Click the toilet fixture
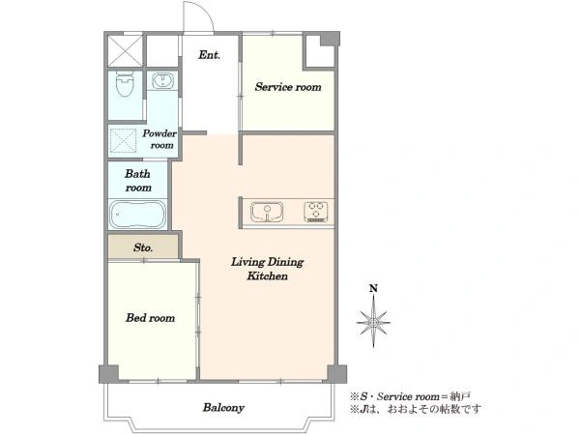click(x=125, y=83)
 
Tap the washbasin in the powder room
click(x=162, y=80)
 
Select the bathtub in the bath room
click(x=137, y=215)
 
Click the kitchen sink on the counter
click(x=267, y=212)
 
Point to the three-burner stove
click(x=315, y=212)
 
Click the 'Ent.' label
click(x=209, y=55)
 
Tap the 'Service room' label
click(x=288, y=87)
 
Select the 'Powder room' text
click(x=159, y=139)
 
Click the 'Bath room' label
click(x=137, y=181)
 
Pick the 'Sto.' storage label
click(x=143, y=247)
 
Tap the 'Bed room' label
click(x=150, y=318)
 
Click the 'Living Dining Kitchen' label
click(x=267, y=269)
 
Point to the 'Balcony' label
click(x=223, y=408)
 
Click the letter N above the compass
click(x=373, y=288)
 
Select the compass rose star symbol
click(x=373, y=323)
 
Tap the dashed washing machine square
click(x=123, y=140)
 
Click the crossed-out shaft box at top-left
click(x=125, y=51)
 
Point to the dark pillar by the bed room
click(x=108, y=374)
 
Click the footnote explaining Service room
click(x=411, y=397)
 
